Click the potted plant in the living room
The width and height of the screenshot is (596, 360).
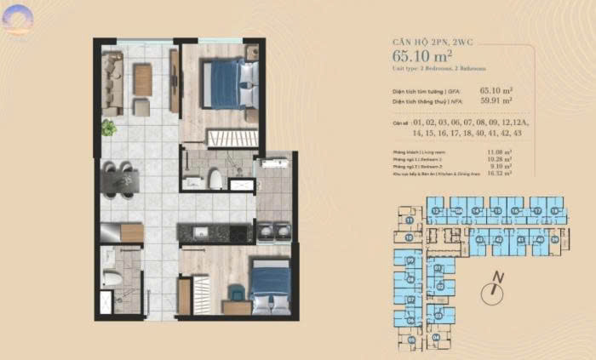(108, 129)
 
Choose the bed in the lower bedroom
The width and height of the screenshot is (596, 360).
(270, 287)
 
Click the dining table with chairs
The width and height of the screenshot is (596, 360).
(120, 180)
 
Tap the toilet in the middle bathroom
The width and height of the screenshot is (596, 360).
(215, 179)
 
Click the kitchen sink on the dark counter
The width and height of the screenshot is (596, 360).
(197, 231)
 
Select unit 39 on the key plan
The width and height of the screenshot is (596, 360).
(556, 241)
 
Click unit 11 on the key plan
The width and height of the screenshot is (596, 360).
(410, 220)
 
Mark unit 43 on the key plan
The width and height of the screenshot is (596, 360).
(480, 241)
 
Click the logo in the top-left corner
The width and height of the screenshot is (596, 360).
(16, 18)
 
